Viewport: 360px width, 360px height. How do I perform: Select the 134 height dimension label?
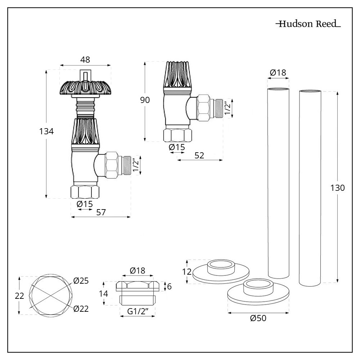(x=46, y=132)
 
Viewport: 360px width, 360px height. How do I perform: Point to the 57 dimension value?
(x=101, y=212)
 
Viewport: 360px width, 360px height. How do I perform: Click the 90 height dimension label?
(x=145, y=100)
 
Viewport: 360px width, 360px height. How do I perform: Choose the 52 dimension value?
(x=199, y=156)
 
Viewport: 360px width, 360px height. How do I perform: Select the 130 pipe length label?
(x=338, y=188)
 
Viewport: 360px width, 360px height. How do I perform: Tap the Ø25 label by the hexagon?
(x=81, y=281)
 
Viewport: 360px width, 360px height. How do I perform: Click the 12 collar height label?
(x=186, y=271)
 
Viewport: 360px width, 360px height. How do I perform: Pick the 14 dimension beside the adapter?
(x=104, y=293)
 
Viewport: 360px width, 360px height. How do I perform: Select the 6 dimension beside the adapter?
(x=169, y=287)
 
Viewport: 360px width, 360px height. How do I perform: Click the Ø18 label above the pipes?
(x=278, y=73)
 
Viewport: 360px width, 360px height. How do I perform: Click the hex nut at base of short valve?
(x=178, y=135)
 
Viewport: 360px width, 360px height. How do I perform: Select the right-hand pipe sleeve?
(x=310, y=187)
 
